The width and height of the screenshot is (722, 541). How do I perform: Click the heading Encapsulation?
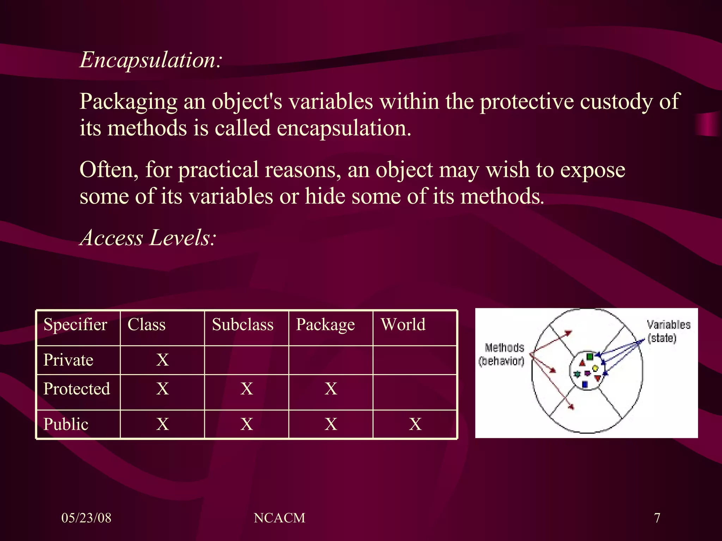point(151,60)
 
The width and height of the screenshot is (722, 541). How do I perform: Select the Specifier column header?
point(75,324)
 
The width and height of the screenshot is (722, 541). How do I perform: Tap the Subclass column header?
point(243,324)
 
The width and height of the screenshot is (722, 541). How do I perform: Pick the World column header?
point(403,324)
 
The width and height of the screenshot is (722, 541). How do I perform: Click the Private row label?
point(68,360)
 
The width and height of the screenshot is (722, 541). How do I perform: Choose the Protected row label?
point(77,389)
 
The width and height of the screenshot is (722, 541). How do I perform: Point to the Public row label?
point(66,424)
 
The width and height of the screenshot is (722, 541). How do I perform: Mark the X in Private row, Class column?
point(163,360)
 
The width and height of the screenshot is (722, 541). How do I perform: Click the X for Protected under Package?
point(331,389)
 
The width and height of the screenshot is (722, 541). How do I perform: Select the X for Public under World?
point(415,424)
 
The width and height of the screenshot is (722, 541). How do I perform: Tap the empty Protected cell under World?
point(415,392)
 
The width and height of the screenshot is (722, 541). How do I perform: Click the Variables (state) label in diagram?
point(668,331)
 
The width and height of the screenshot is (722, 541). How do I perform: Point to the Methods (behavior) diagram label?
point(502,354)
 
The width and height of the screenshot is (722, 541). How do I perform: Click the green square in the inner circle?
point(590,356)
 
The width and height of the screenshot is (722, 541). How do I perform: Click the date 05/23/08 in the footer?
point(86,518)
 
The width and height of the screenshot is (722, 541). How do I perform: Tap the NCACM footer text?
point(279,518)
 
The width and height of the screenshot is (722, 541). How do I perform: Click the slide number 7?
point(657,518)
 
